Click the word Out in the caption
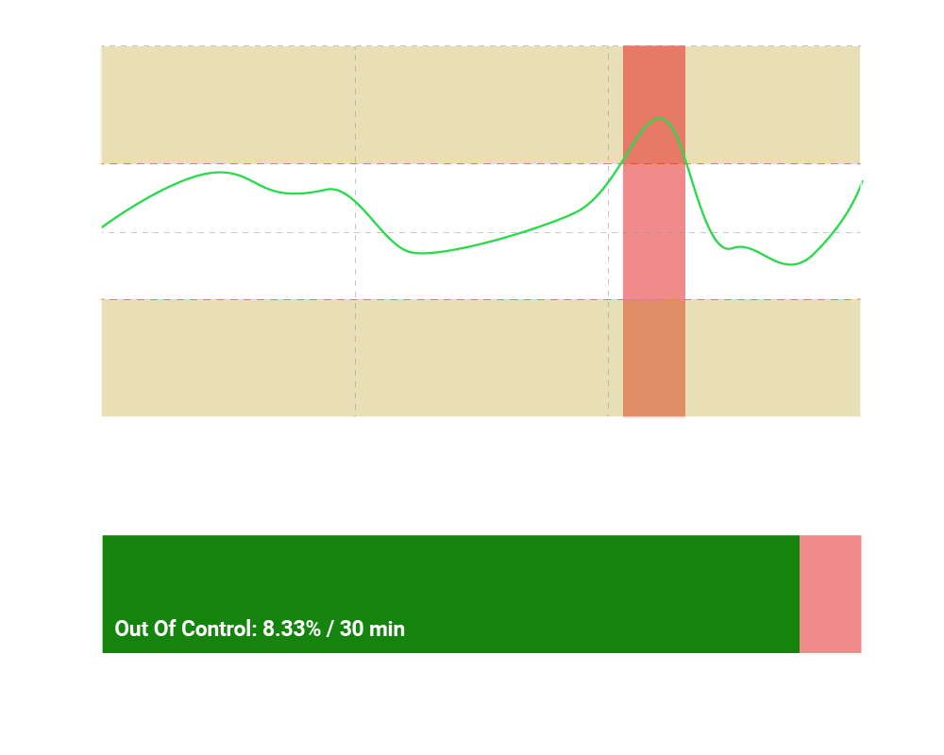tap(131, 629)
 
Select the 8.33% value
tap(292, 629)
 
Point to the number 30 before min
tap(352, 629)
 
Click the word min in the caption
tap(387, 629)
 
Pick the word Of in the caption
tap(164, 629)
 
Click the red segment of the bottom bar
tap(830, 594)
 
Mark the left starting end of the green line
tap(103, 227)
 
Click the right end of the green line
tap(861, 181)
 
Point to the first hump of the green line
tap(220, 172)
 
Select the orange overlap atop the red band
tap(653, 85)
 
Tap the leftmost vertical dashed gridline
tap(355, 283)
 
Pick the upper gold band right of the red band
tap(772, 104)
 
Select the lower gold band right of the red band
tap(772, 358)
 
